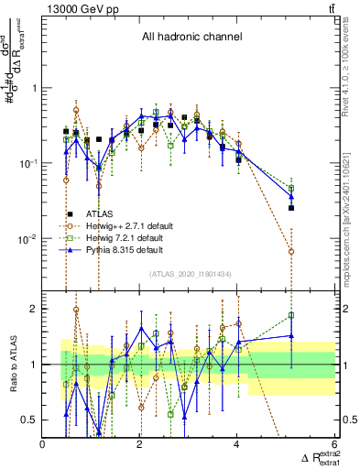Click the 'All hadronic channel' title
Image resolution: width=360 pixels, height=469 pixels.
point(191,38)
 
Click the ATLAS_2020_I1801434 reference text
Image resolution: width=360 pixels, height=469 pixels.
point(190,275)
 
